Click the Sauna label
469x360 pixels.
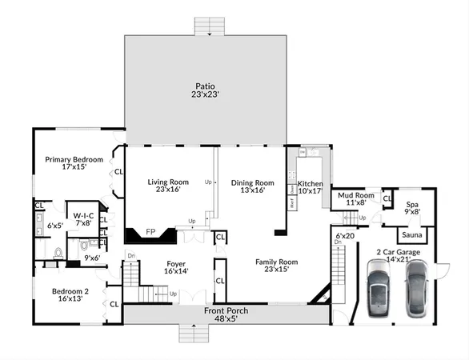(412, 235)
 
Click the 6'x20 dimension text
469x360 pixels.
(345, 236)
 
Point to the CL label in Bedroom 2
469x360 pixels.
(114, 304)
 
